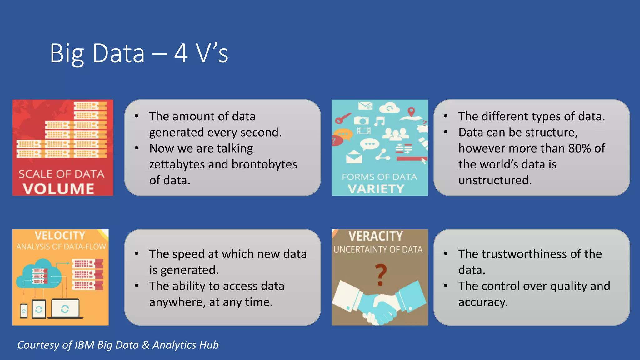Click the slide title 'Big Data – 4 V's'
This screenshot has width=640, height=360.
click(139, 53)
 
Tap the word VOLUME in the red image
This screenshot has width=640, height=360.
click(58, 189)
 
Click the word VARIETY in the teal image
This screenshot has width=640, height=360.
click(376, 189)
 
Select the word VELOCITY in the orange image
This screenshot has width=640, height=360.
click(60, 236)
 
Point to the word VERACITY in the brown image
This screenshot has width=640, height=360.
click(376, 236)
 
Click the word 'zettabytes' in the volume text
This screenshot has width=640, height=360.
click(177, 164)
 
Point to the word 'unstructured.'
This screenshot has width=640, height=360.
click(495, 180)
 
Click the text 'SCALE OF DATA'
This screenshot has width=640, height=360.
click(61, 174)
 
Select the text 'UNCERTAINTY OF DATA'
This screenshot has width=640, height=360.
click(378, 250)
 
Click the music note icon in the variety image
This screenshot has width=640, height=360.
click(380, 121)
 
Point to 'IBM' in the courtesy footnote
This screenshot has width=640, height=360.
click(84, 345)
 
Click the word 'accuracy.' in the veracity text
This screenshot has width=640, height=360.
click(483, 302)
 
